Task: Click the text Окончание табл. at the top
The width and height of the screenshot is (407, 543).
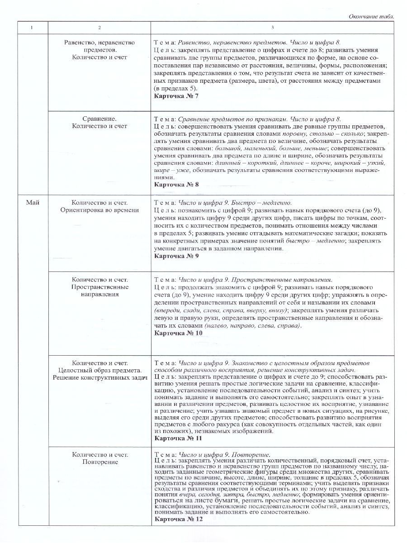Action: pos(371,16)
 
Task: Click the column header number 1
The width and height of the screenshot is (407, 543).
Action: pos(32,28)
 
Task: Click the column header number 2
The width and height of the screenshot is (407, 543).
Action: pos(99,28)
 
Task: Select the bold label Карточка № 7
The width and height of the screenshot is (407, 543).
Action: pos(176,96)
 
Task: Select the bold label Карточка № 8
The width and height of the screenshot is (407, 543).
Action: pos(176,184)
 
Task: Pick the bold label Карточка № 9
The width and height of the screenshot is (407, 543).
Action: pos(176,256)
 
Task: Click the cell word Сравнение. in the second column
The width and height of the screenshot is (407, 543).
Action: pos(99,119)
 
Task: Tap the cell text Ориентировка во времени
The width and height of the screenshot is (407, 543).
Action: pos(99,210)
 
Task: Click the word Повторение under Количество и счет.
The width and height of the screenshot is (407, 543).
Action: pos(99,462)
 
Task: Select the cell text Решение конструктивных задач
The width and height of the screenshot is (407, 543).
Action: pos(99,377)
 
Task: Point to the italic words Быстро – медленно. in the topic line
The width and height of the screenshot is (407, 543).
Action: pos(265,202)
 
